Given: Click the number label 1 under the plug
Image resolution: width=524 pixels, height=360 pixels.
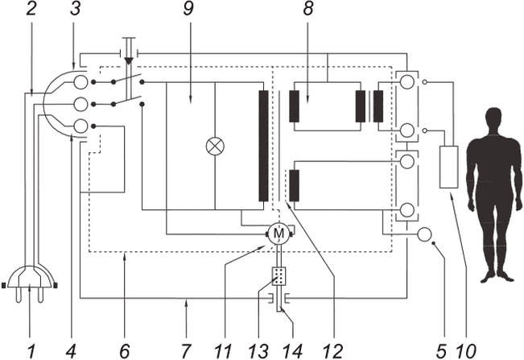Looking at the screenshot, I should click(30, 350).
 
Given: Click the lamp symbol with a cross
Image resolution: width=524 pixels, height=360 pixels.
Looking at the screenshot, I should click(215, 147).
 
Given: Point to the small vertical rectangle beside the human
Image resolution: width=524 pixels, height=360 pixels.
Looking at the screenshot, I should click(448, 167).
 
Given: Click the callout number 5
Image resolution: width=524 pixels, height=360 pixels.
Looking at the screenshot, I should click(441, 350).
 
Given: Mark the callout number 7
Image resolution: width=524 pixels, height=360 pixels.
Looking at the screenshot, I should click(186, 350).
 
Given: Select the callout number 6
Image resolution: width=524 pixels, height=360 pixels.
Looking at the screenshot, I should click(124, 350).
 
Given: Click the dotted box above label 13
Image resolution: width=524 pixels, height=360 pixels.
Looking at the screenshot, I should click(279, 276).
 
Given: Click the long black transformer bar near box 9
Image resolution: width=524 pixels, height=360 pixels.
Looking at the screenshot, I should click(263, 146).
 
